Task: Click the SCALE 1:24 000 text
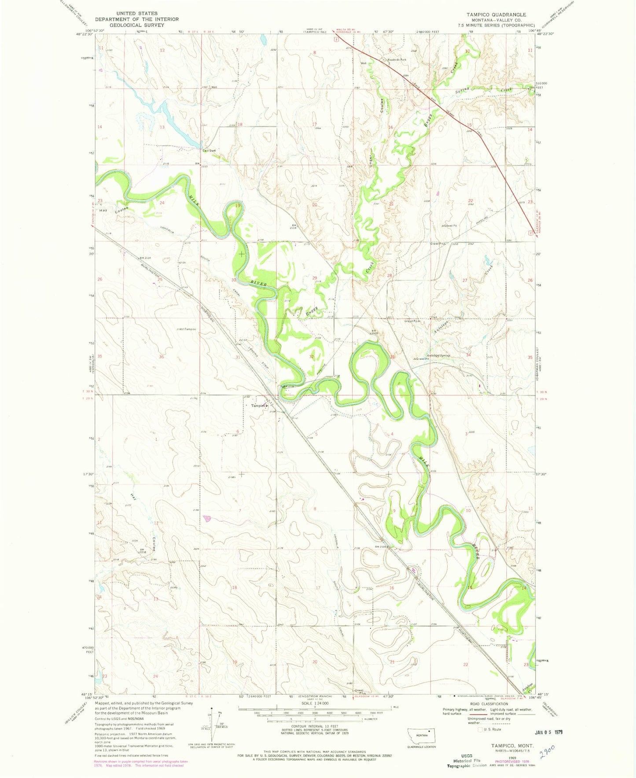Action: point(315,704)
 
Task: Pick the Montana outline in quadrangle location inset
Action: point(421,735)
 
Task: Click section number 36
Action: point(161,357)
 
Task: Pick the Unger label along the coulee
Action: point(371,161)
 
